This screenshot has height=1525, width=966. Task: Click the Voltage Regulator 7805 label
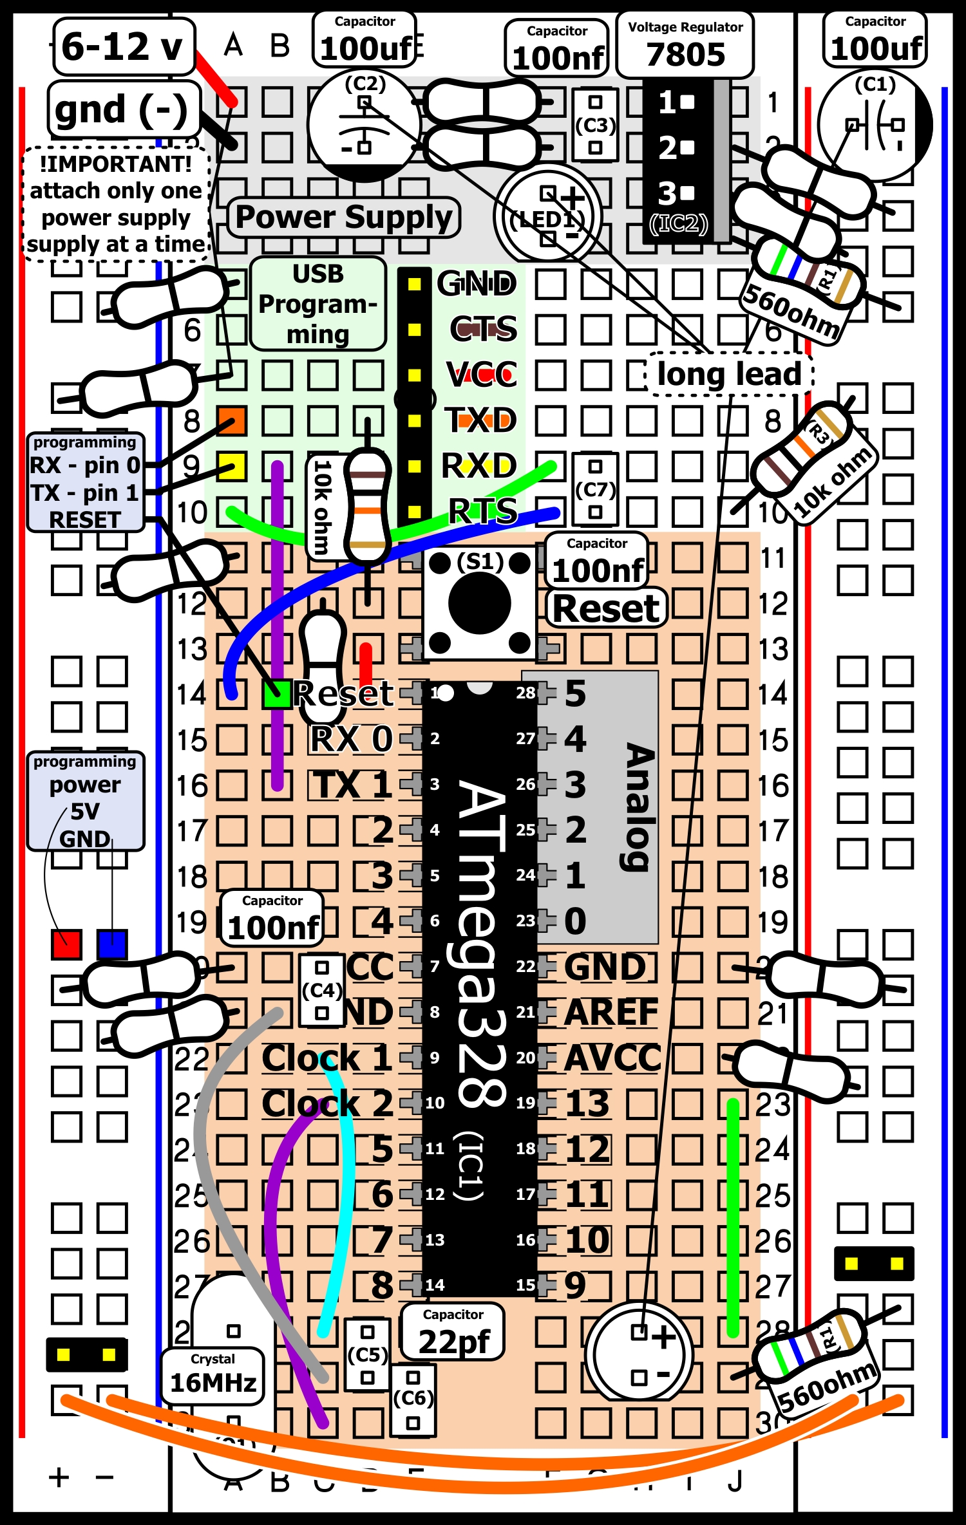coord(685,45)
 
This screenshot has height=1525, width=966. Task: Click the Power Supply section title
coord(344,217)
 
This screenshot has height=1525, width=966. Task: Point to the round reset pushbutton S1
coord(479,603)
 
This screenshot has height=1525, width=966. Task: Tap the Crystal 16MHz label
coord(213,1376)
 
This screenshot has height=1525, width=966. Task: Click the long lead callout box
coord(729,374)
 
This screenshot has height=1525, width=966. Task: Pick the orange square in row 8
coord(231,421)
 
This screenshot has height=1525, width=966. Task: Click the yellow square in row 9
coord(231,466)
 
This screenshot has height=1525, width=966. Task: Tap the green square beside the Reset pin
coord(278,694)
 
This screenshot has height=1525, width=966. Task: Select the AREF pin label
coord(611,1013)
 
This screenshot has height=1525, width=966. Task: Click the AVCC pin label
coord(612,1058)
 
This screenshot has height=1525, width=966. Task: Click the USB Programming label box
coord(318,304)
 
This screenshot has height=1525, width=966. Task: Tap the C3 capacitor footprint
coord(595,125)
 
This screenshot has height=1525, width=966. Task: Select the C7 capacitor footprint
coord(595,489)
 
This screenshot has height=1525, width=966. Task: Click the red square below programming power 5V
coord(66,944)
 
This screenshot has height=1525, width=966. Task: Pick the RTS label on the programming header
coord(483,512)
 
